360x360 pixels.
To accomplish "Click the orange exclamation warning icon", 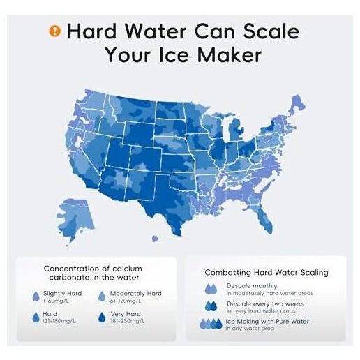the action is pos(54,31).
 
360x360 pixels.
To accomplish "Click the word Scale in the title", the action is pos(271,31).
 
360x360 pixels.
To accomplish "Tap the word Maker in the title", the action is pos(230,55).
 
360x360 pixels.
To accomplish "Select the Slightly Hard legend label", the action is pos(62,293).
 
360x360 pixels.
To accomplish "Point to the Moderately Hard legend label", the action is pos(135,293).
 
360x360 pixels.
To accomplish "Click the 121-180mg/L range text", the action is pos(59,321).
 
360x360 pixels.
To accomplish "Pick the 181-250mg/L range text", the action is pos(128,321).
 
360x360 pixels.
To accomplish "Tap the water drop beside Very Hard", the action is pos(102,317).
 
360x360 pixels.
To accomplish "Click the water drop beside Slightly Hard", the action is pos(36,296).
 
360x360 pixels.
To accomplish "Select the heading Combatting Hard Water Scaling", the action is pos(267,272).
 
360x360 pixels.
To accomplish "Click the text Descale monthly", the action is pos(252,285).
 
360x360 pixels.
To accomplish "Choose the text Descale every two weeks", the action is pos(266,304).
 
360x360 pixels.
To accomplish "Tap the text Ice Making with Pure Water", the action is pos(267,322).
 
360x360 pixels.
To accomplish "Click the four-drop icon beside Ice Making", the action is pos(211,324).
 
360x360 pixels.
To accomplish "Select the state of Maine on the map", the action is pos(298,105).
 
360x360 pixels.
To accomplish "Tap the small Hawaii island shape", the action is pos(155,239).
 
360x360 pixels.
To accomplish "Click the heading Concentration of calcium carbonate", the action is pos(93,273).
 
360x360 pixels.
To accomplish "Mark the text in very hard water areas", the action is pos(261,311).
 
